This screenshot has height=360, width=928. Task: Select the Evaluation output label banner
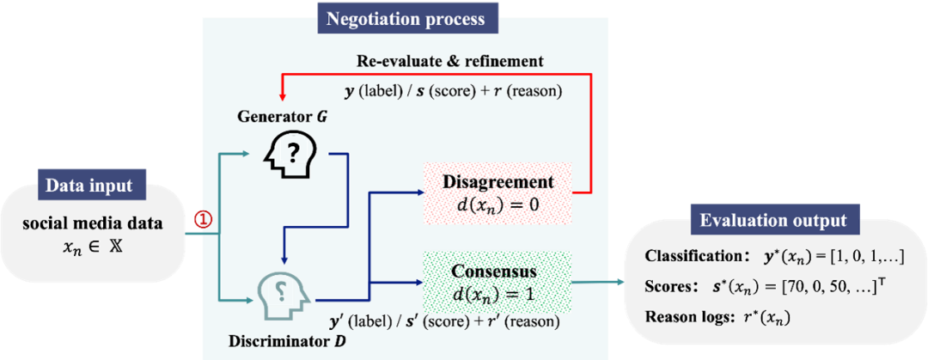(x=773, y=220)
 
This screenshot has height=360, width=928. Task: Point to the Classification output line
(x=773, y=257)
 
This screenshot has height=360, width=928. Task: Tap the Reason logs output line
(x=717, y=317)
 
